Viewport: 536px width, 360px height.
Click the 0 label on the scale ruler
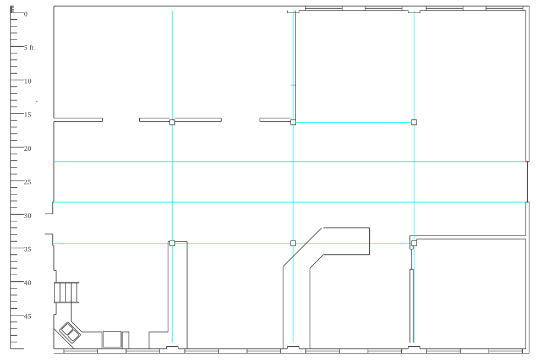(x=26, y=14)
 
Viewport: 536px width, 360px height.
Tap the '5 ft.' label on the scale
(x=30, y=48)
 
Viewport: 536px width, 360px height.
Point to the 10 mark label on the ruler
(x=28, y=81)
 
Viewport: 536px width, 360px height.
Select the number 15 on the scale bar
(x=28, y=115)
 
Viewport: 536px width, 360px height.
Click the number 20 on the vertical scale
(x=28, y=149)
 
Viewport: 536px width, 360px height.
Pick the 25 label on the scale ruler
(x=28, y=182)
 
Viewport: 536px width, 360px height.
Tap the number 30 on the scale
(x=28, y=216)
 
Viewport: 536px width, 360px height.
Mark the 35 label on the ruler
(x=28, y=249)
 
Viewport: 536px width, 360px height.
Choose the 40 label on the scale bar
(x=28, y=283)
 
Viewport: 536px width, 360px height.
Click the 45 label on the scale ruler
(x=28, y=317)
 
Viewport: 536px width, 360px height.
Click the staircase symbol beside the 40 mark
(x=66, y=293)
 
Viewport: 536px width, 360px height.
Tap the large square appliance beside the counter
(x=112, y=340)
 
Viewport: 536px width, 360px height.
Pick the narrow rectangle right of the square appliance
(x=125, y=340)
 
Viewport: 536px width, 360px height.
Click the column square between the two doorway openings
(x=172, y=122)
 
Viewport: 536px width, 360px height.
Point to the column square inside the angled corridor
(x=293, y=243)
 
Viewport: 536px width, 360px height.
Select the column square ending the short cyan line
(x=414, y=122)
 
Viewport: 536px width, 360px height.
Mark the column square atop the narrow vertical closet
(x=172, y=243)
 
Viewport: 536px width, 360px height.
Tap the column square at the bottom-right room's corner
(x=414, y=243)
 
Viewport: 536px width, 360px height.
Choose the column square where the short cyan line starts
(x=293, y=122)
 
